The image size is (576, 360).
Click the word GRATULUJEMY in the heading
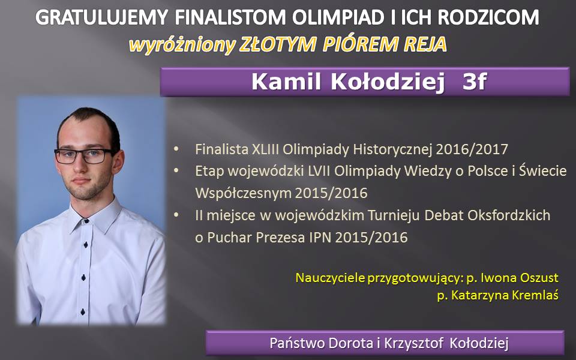point(102,17)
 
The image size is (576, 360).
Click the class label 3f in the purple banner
point(475,82)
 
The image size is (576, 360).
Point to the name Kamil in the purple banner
point(286,82)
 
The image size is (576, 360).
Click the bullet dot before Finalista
point(176,149)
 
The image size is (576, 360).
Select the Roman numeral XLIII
point(265,149)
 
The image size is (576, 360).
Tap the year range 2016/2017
point(472,149)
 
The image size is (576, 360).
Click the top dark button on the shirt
point(86,221)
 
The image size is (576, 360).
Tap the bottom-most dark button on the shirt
point(83,312)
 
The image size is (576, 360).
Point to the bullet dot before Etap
point(176,171)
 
